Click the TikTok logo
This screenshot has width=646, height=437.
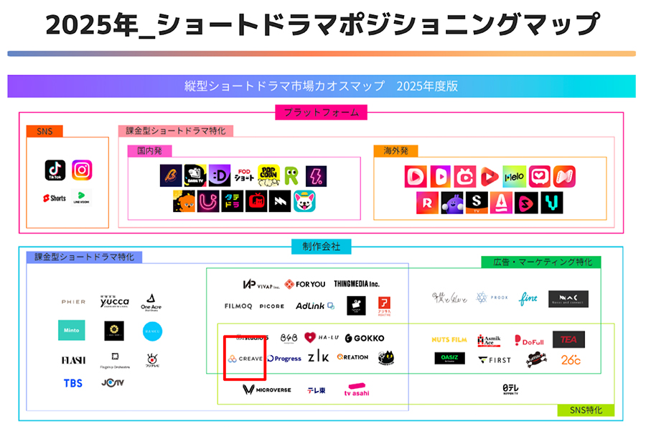tap(55, 170)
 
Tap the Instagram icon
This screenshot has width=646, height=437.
tap(82, 170)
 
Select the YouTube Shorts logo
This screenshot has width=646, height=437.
tap(54, 198)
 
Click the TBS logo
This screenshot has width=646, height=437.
tap(73, 382)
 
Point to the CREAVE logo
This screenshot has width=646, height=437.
tap(244, 358)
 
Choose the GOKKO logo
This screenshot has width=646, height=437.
tap(364, 338)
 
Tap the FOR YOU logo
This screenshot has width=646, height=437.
tap(305, 284)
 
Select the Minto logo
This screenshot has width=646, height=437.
tap(72, 330)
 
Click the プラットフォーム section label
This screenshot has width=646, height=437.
tap(321, 112)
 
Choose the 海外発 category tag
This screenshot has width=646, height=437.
tap(395, 151)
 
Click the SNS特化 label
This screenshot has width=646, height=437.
tap(586, 410)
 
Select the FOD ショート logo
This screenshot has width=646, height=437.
tap(244, 175)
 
